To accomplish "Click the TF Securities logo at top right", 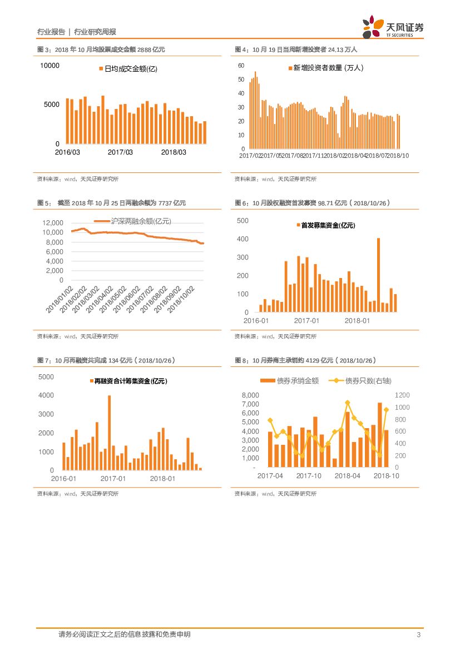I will point(393,27).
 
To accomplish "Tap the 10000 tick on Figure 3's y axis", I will point(49,66).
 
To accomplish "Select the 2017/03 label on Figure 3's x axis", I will point(121,152).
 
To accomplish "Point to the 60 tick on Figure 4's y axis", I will point(241,66).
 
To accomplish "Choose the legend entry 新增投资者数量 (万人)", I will point(325,68).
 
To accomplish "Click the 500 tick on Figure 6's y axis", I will point(243,221).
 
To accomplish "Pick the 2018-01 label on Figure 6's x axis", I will point(357,321).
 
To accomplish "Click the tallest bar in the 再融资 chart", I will point(109,433).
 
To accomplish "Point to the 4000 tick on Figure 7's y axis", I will point(46,395).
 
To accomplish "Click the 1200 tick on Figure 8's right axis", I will point(402,395).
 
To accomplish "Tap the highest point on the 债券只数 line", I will point(347,403).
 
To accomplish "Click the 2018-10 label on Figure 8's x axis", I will point(386,476).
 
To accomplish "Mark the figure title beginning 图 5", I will point(111,204).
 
